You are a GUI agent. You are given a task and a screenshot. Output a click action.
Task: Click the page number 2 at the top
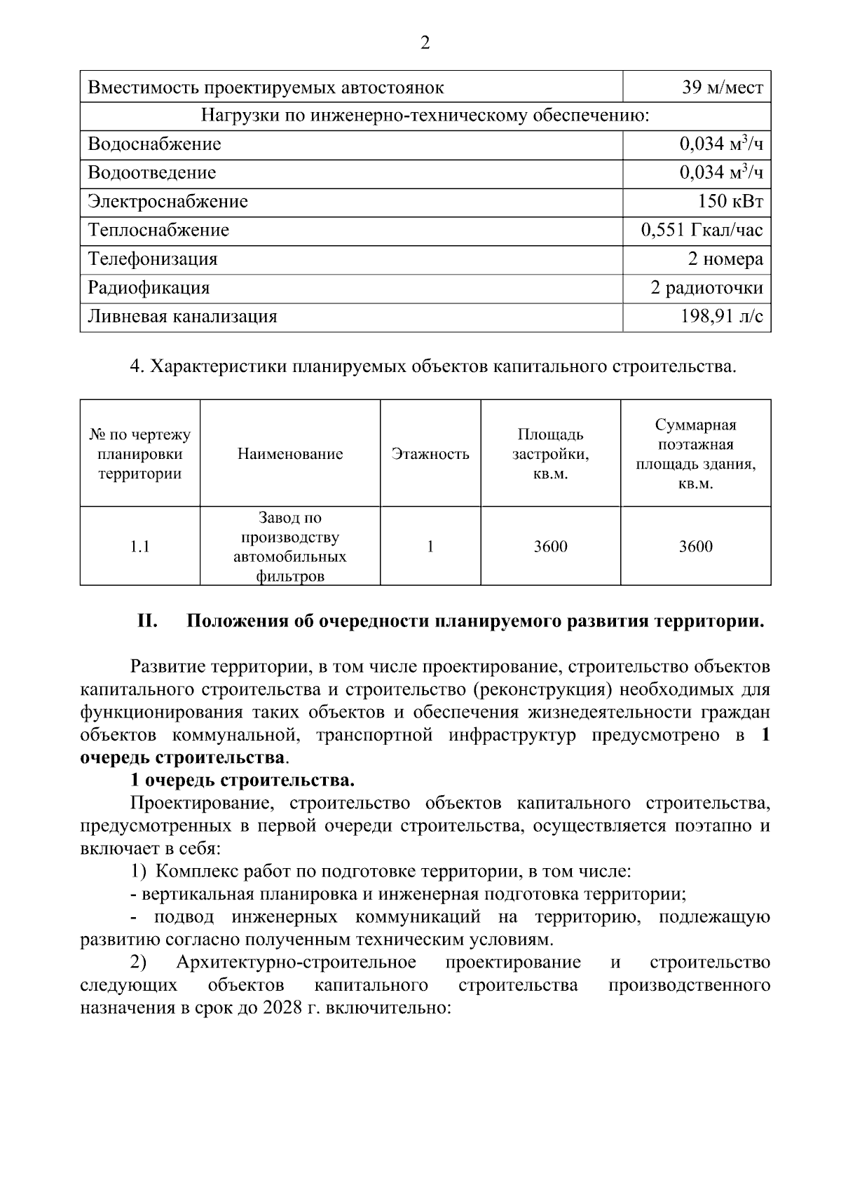pyautogui.click(x=425, y=43)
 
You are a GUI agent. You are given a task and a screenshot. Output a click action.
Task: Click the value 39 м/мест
pyautogui.click(x=722, y=88)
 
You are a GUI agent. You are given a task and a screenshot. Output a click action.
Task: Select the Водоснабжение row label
pyautogui.click(x=154, y=144)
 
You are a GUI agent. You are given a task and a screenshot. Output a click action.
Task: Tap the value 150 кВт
pyautogui.click(x=730, y=202)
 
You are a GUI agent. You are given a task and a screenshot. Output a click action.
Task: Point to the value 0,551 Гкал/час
pyautogui.click(x=702, y=231)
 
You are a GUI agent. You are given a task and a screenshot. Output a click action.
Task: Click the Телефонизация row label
pyautogui.click(x=153, y=259)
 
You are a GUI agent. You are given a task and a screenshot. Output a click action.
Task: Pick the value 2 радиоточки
pyautogui.click(x=706, y=288)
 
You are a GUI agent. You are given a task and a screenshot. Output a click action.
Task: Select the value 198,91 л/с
pyautogui.click(x=721, y=317)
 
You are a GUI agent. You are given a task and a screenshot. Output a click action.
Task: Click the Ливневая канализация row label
pyautogui.click(x=182, y=317)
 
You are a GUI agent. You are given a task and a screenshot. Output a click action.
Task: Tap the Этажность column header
pyautogui.click(x=430, y=454)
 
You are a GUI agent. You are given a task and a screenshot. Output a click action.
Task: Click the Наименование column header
pyautogui.click(x=290, y=454)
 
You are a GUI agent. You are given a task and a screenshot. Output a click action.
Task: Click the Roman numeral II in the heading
pyautogui.click(x=146, y=621)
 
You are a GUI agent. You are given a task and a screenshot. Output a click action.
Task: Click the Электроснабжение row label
pyautogui.click(x=167, y=202)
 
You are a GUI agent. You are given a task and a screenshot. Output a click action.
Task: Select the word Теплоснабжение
pyautogui.click(x=158, y=231)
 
